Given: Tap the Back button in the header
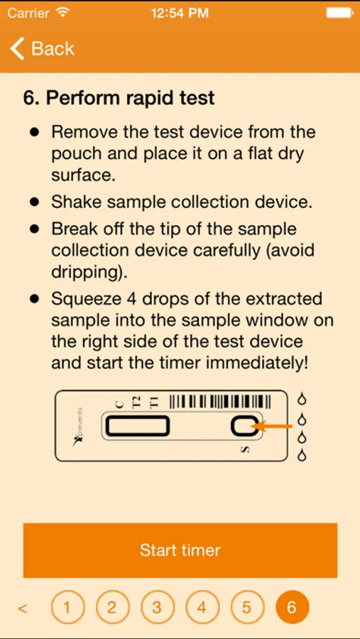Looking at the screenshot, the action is (x=42, y=48).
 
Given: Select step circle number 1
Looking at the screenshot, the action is (x=67, y=608).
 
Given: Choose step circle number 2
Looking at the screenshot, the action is (x=112, y=608).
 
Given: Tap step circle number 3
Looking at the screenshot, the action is (x=157, y=608).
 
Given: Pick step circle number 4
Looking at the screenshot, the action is (x=202, y=608).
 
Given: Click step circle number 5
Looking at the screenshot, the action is (x=246, y=608).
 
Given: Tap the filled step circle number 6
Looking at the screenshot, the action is (x=292, y=608).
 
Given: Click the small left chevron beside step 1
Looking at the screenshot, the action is (x=23, y=609).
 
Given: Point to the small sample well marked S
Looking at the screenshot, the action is (x=244, y=427).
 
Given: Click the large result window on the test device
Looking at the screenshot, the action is (x=137, y=427).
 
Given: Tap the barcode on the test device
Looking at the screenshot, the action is (x=220, y=401).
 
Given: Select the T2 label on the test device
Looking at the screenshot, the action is (x=136, y=402).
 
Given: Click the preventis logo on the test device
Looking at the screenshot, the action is (x=78, y=427).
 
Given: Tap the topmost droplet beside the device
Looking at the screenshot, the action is (x=302, y=398).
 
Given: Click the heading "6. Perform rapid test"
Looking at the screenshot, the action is (x=119, y=98).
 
